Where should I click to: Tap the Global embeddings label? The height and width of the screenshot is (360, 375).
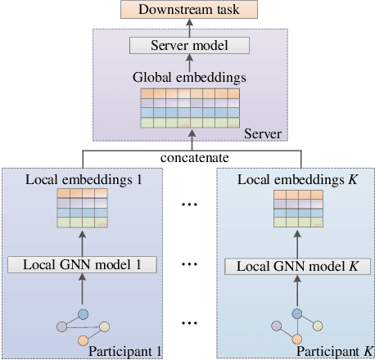coord(189,79)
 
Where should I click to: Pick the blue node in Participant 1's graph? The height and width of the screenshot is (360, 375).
coord(83,313)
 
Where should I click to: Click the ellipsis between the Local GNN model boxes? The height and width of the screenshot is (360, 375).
coord(188,265)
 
